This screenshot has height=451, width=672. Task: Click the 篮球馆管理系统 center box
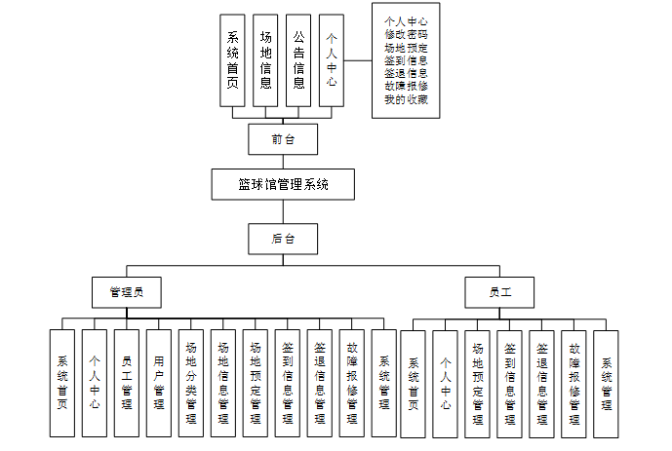click(283, 184)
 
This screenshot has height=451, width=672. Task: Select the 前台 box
click(283, 138)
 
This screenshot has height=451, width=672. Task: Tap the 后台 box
click(283, 237)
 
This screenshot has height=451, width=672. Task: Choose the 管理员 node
click(127, 291)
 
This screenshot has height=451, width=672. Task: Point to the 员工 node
click(499, 291)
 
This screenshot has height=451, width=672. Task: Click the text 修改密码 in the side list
click(406, 33)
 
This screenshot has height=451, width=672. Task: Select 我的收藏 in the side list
click(406, 99)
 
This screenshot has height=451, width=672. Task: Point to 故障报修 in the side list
click(406, 86)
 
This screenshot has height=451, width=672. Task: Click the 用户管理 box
click(158, 383)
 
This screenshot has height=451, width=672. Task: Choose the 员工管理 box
click(126, 383)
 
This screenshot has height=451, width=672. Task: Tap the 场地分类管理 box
click(190, 383)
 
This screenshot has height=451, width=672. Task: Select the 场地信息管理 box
click(222, 383)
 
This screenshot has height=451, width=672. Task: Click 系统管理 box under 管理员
click(384, 383)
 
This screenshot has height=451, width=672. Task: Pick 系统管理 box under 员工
click(606, 383)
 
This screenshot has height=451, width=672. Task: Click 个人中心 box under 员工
click(446, 383)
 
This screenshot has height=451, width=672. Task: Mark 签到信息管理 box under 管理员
click(288, 383)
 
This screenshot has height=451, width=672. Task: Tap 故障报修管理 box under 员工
click(573, 383)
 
